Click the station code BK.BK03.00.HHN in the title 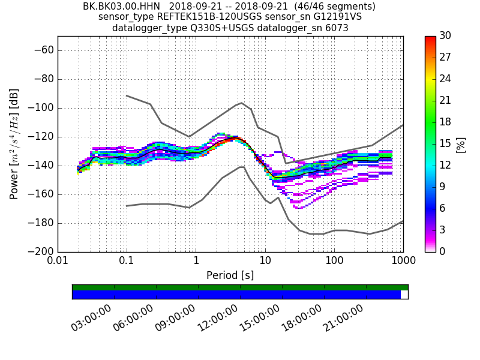(x=121, y=7)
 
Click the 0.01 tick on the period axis (x=58, y=262)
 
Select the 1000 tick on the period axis (x=403, y=262)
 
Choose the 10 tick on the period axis (x=265, y=262)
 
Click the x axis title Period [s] (x=230, y=275)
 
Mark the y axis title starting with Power (x=14, y=144)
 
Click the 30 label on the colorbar (x=445, y=36)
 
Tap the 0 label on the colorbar (x=443, y=251)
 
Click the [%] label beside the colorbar (x=461, y=144)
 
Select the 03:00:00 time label (x=92, y=317)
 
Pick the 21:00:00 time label (x=344, y=317)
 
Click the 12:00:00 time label (x=218, y=317)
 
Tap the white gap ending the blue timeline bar (x=404, y=295)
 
